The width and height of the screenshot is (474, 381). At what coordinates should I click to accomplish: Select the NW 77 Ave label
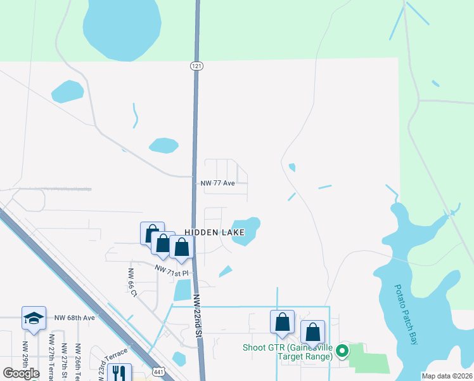pyautogui.click(x=218, y=183)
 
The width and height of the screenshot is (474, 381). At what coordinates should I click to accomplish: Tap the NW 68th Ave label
pyautogui.click(x=74, y=317)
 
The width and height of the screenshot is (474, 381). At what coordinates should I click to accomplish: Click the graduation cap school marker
pyautogui.click(x=34, y=319)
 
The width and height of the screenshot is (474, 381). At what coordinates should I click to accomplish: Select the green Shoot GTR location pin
pyautogui.click(x=342, y=351)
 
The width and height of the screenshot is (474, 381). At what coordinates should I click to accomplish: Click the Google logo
pyautogui.click(x=21, y=373)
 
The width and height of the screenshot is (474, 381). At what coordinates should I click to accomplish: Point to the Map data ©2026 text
pyautogui.click(x=447, y=376)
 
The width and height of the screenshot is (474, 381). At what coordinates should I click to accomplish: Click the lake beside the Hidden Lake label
pyautogui.click(x=246, y=230)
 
